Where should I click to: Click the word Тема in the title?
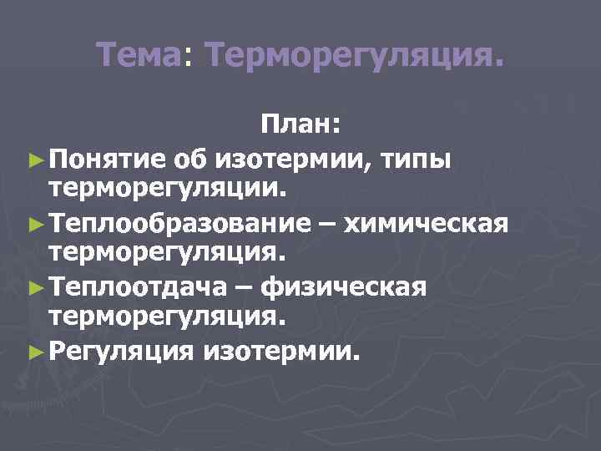tap(139, 57)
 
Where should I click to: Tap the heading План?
tap(300, 125)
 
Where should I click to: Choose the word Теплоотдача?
tap(139, 286)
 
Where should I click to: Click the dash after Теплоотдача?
tap(245, 286)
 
